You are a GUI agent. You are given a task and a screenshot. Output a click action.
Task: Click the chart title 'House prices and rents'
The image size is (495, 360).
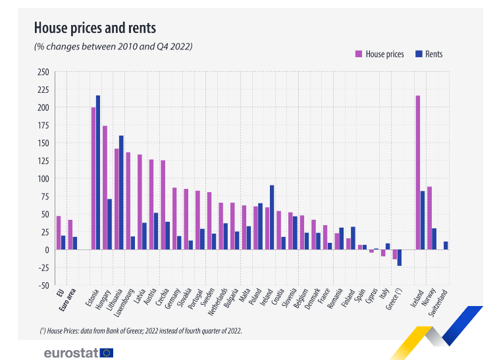[95, 28]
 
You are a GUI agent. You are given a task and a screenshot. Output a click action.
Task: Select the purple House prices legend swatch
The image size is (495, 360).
[359, 54]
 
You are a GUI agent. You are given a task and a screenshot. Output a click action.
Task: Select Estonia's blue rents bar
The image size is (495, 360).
[98, 172]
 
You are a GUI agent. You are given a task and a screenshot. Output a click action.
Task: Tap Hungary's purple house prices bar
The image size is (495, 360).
[105, 188]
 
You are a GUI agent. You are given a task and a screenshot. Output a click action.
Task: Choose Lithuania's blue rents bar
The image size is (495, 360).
[121, 192]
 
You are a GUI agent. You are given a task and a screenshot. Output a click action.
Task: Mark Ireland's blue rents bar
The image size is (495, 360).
[272, 217]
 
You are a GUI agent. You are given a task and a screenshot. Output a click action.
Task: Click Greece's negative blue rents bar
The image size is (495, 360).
[399, 257]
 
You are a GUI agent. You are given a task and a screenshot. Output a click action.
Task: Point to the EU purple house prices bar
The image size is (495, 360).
[59, 232]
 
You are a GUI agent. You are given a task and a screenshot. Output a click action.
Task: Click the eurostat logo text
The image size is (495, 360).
[71, 353]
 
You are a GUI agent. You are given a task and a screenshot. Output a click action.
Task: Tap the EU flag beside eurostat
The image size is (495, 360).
[107, 353]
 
